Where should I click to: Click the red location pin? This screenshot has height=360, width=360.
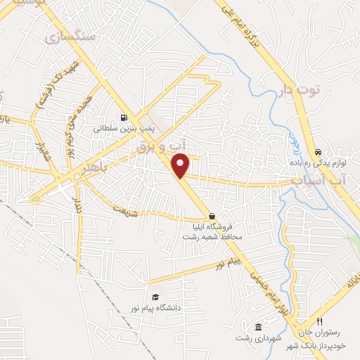(181, 165)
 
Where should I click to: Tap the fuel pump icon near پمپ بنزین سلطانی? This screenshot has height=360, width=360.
(124, 118)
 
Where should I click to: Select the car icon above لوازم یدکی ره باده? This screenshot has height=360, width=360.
(318, 152)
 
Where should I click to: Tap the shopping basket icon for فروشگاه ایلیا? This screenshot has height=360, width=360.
(212, 216)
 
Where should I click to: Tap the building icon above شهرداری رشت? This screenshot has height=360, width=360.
(258, 327)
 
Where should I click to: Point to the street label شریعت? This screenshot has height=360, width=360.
(123, 210)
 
